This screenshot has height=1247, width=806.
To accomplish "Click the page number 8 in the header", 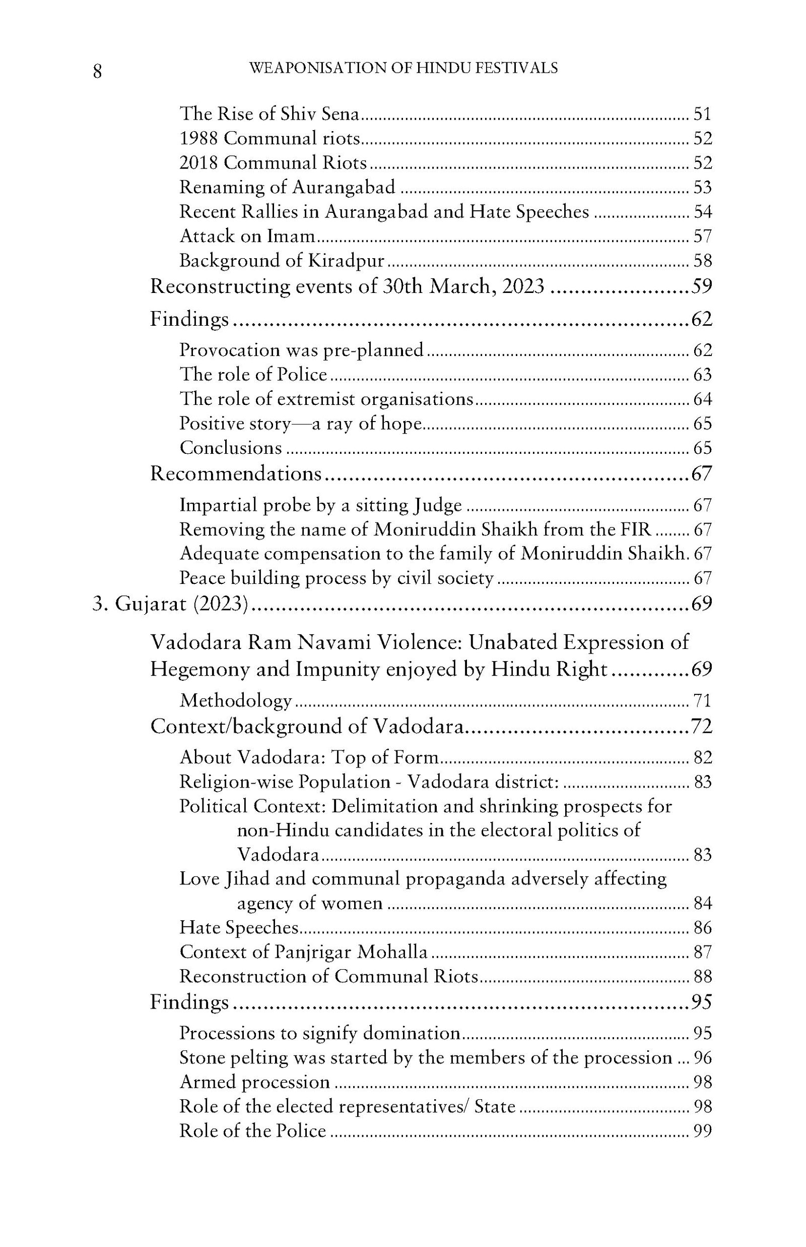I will coord(97,71).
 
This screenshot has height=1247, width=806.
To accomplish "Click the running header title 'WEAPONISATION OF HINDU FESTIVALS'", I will coord(403,68).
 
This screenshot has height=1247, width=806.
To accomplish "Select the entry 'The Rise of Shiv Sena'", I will coord(270,113).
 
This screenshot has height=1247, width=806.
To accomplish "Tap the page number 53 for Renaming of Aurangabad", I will coord(702,187).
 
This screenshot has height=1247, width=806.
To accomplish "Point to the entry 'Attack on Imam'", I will coord(247,236).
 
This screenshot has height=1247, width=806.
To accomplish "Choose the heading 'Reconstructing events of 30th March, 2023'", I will coord(347,286).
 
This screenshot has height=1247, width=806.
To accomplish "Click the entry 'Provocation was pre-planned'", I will coord(301,350).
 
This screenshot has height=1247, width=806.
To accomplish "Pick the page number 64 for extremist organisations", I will coord(702,399).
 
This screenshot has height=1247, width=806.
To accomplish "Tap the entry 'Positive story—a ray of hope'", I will coord(300,423).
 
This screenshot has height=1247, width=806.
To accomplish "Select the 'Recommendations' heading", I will coord(236,473).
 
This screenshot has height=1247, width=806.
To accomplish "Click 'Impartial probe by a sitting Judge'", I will coord(320,505).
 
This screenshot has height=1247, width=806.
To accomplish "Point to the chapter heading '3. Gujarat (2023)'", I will coord(170,604).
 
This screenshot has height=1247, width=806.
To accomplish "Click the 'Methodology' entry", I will coord(236,700).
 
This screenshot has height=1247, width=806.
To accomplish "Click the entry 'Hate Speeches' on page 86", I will coord(239,927).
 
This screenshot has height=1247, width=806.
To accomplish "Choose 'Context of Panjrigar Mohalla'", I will coord(304,952).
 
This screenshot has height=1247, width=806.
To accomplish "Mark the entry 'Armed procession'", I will coord(254,1082).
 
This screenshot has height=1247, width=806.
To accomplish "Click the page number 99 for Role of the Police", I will coord(702,1131).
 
